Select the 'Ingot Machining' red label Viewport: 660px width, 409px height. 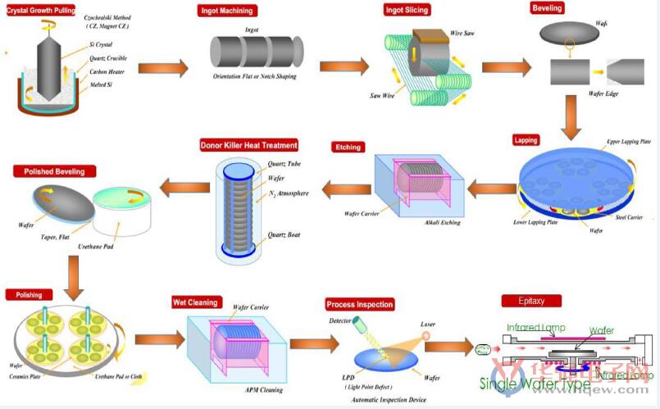pyautogui.click(x=226, y=11)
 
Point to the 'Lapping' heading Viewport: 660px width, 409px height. pyautogui.click(x=525, y=140)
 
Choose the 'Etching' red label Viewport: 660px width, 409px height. pyautogui.click(x=348, y=148)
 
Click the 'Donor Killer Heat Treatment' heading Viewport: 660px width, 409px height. pyautogui.click(x=248, y=146)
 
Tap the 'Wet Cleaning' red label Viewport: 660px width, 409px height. pyautogui.click(x=195, y=302)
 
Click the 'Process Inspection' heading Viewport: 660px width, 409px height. pyautogui.click(x=359, y=304)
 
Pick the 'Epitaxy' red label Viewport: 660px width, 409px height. pyautogui.click(x=533, y=301)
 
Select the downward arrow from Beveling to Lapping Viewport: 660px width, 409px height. pyautogui.click(x=571, y=114)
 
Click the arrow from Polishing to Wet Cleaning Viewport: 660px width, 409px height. pyautogui.click(x=159, y=339)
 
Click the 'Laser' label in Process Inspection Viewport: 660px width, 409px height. pyautogui.click(x=429, y=323)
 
